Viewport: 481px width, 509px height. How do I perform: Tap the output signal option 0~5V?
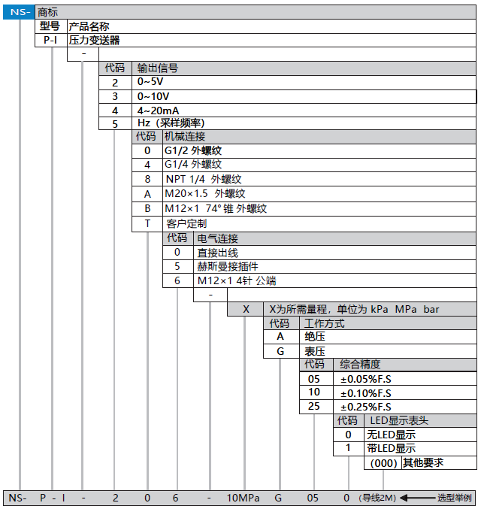tap(150, 82)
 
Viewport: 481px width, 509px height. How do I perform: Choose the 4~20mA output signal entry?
tap(158, 110)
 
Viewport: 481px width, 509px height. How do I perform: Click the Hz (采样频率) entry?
tap(171, 123)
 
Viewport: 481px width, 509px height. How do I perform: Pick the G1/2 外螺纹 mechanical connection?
tap(193, 150)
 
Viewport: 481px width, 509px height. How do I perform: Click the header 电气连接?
tap(217, 238)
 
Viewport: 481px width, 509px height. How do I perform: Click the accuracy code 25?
tap(314, 407)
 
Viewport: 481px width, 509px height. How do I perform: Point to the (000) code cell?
tap(383, 463)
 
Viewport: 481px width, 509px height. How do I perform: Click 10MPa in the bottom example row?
tap(244, 498)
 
